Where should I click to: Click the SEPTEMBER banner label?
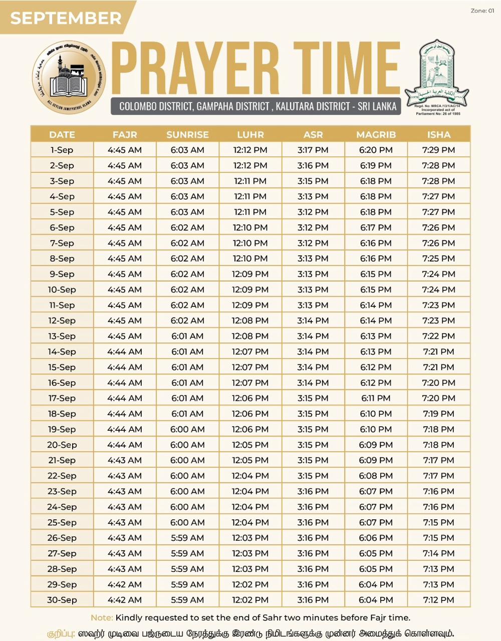click(66, 18)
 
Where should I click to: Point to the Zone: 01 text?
click(482, 11)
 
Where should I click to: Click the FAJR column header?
click(125, 135)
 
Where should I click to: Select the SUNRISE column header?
click(187, 135)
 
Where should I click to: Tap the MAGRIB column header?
click(376, 135)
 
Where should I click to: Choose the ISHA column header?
click(439, 135)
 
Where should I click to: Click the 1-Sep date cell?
click(62, 150)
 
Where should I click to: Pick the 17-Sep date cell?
click(62, 398)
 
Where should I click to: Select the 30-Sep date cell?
click(62, 600)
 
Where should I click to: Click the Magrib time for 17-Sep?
click(376, 398)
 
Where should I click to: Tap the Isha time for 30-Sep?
click(439, 600)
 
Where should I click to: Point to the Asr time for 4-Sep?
click(313, 196)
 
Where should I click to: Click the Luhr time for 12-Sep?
click(250, 320)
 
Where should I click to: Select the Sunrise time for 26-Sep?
click(187, 538)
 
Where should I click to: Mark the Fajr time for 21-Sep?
click(125, 460)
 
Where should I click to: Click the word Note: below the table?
click(102, 617)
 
